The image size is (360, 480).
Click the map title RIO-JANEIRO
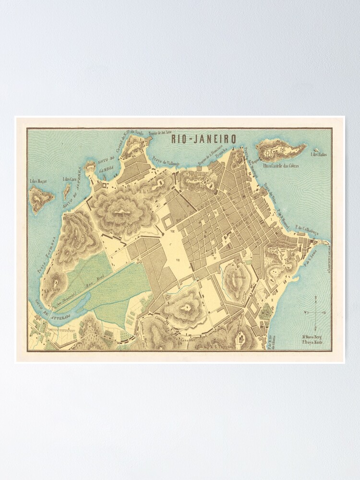(204, 139)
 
